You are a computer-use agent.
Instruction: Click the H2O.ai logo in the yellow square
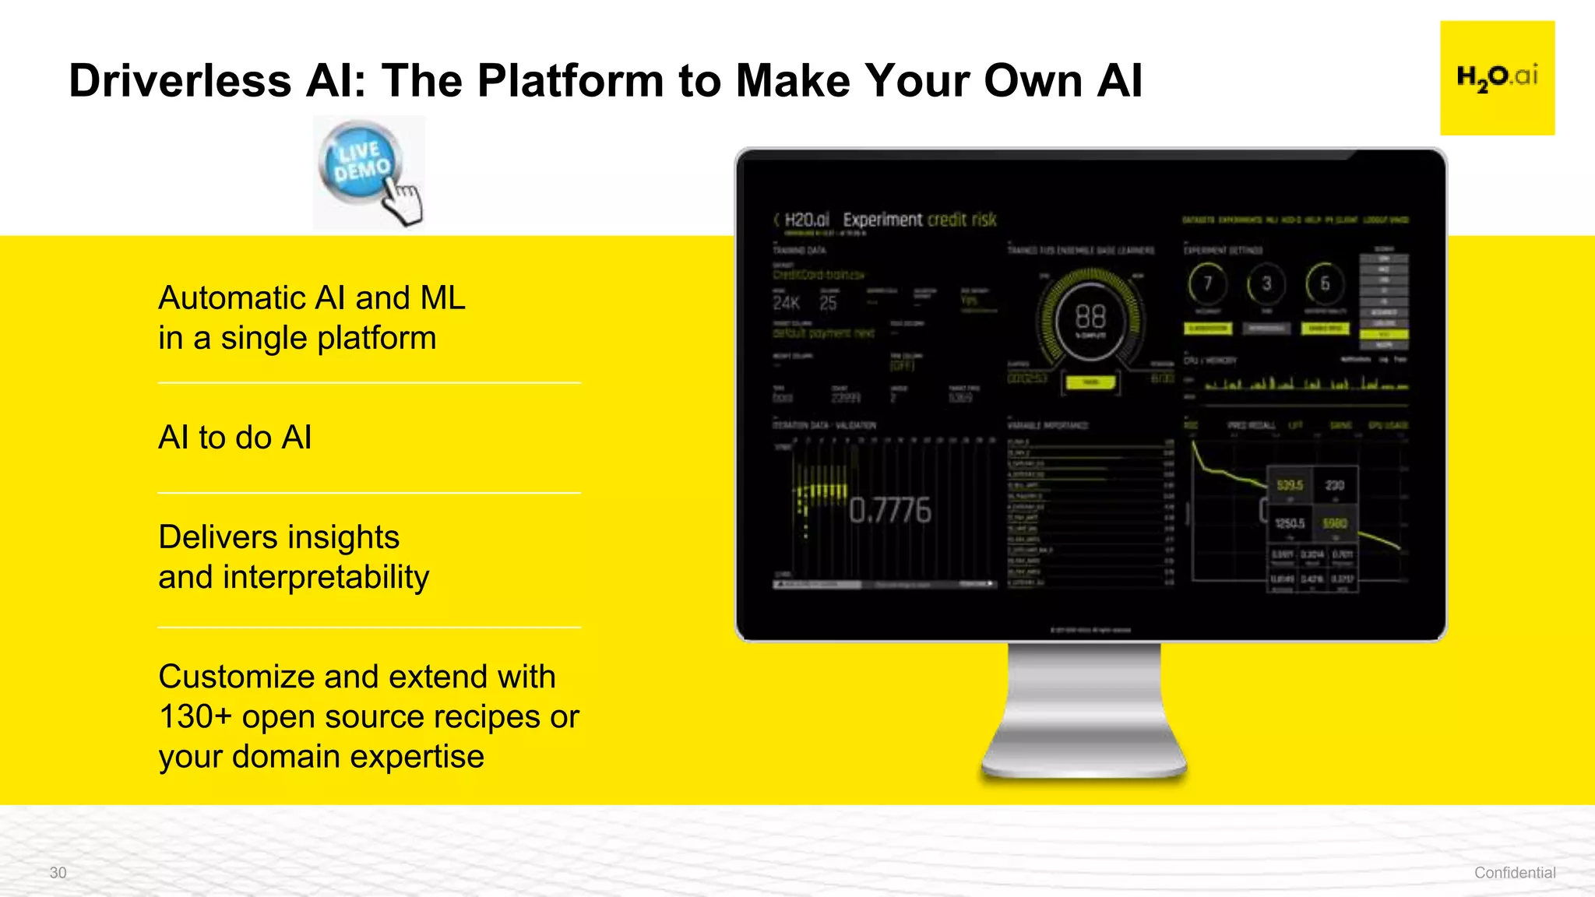click(x=1497, y=78)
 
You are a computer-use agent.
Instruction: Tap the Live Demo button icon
click(x=363, y=164)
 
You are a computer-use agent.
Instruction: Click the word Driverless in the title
click(x=180, y=81)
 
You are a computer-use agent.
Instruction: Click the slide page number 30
click(x=58, y=873)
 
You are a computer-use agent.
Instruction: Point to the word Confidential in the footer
click(x=1514, y=873)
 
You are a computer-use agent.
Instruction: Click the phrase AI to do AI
click(x=235, y=438)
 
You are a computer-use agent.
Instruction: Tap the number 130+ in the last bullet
click(x=195, y=717)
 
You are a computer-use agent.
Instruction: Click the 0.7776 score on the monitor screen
click(x=889, y=511)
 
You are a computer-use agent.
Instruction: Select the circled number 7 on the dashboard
click(x=1207, y=283)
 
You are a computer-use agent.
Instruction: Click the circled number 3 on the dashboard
click(x=1266, y=283)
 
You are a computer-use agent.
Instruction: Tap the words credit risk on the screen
click(x=961, y=220)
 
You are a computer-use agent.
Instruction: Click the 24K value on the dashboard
click(x=786, y=303)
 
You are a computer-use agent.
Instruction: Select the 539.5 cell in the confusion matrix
click(x=1290, y=485)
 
